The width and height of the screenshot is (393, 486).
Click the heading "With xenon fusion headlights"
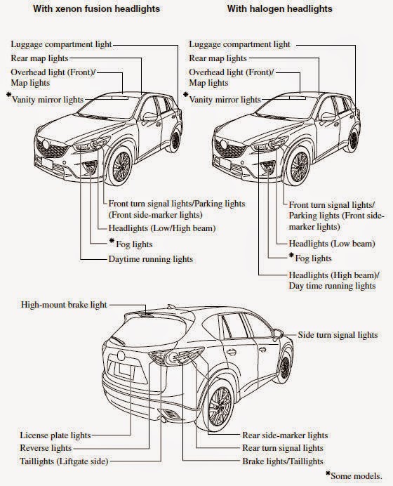click(96, 8)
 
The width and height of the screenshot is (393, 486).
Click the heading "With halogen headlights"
click(279, 8)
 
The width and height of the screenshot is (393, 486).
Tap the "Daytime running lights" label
click(150, 259)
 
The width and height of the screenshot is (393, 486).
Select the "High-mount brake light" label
click(64, 305)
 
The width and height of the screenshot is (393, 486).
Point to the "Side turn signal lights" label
click(338, 335)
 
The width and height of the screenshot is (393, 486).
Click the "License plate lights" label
click(55, 435)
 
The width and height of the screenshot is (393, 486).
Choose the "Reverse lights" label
click(46, 448)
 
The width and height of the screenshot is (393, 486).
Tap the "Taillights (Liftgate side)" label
click(64, 461)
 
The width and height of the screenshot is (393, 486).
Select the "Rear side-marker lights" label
click(285, 435)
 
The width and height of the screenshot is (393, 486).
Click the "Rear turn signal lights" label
click(283, 448)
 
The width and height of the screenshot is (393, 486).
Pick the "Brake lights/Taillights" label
click(283, 461)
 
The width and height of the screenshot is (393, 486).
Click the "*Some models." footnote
click(354, 475)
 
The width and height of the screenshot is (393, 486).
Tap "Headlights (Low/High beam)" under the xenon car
click(161, 228)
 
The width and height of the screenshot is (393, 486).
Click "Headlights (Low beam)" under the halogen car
click(332, 244)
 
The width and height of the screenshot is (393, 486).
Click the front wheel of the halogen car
click(299, 166)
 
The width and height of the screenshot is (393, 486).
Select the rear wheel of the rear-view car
click(220, 407)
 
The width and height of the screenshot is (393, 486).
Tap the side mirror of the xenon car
click(150, 117)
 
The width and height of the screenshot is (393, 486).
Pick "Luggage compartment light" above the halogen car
click(240, 44)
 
